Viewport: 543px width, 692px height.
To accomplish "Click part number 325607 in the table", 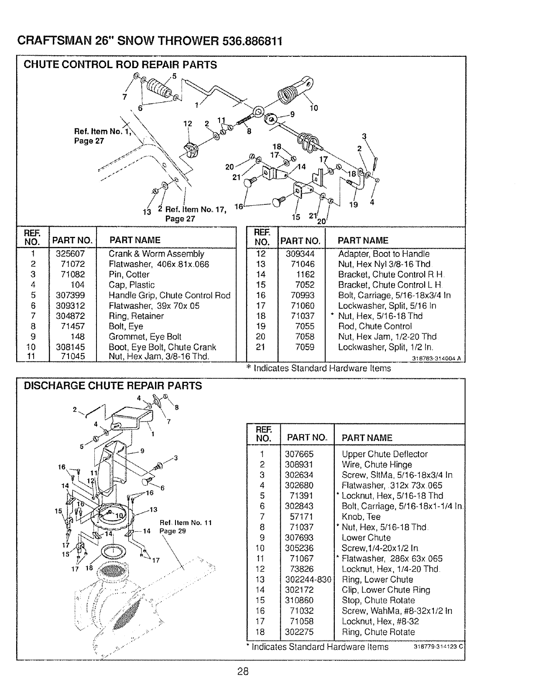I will click(x=70, y=254).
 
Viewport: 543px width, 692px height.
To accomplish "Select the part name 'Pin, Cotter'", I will click(x=129, y=274).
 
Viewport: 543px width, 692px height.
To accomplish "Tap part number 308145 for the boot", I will click(x=70, y=347).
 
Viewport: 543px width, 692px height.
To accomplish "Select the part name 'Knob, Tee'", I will click(x=361, y=516).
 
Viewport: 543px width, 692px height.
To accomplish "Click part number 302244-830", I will click(x=308, y=579).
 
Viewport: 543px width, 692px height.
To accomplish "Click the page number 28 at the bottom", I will click(x=243, y=671).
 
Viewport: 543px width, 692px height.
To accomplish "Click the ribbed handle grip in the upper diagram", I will click(x=160, y=87).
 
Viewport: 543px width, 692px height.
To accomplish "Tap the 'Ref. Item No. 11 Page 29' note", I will click(x=186, y=527).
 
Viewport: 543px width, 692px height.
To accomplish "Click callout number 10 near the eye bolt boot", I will click(x=313, y=108).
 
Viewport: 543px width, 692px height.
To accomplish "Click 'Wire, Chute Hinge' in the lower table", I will click(x=377, y=464).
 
